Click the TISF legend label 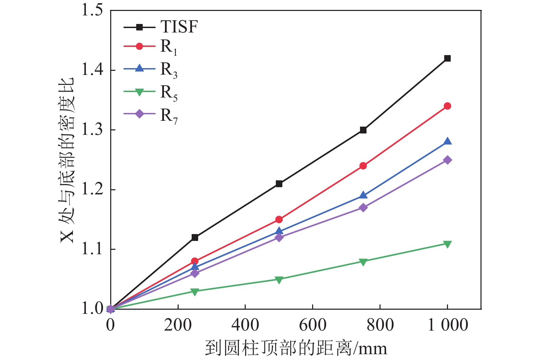179,27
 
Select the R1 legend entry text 169,47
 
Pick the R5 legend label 169,93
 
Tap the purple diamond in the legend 139,114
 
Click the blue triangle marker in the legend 139,68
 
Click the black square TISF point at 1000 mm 447,58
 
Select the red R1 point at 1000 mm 447,106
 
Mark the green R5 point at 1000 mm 447,244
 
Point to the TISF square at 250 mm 195,237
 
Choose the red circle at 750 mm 363,166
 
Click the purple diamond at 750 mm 363,208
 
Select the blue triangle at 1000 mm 447,141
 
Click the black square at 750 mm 363,130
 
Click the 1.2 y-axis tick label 92,190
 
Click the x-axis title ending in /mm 296,348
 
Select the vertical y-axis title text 67,160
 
